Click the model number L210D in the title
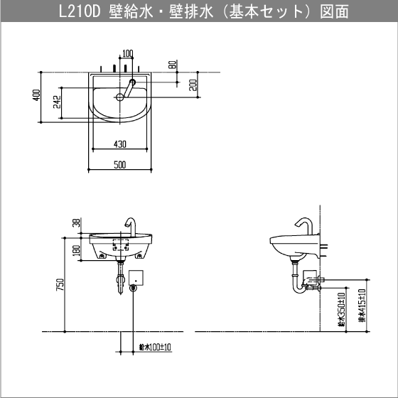[80, 12]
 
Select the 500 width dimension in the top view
[119, 165]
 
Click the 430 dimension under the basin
[119, 144]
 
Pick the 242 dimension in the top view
[57, 104]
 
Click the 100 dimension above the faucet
[127, 53]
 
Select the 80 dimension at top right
[173, 65]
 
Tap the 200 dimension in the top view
[193, 85]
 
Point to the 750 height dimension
[60, 284]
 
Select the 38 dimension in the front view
[75, 222]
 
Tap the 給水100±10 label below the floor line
[151, 348]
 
